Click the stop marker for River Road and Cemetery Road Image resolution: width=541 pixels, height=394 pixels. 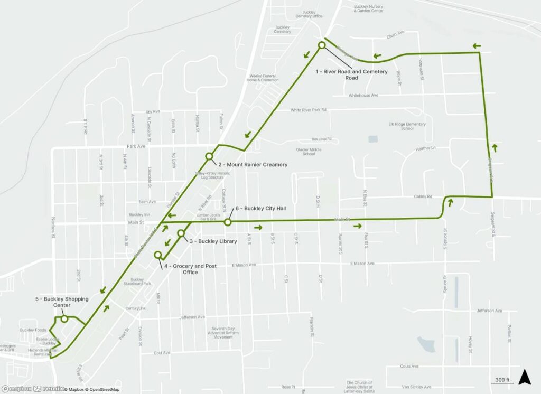click(x=321, y=45)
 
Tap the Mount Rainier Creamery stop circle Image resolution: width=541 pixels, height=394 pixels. click(x=209, y=156)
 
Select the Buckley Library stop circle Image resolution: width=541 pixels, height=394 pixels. click(x=181, y=233)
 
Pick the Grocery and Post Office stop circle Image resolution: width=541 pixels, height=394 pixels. click(x=157, y=255)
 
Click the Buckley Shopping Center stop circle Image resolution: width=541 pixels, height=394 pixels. click(x=64, y=318)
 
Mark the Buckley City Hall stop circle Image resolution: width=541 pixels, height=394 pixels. click(x=228, y=222)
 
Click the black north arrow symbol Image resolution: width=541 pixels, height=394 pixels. click(x=525, y=377)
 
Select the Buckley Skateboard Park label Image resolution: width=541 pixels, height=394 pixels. click(x=137, y=282)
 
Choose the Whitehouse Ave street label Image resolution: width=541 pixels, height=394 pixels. click(x=363, y=96)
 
